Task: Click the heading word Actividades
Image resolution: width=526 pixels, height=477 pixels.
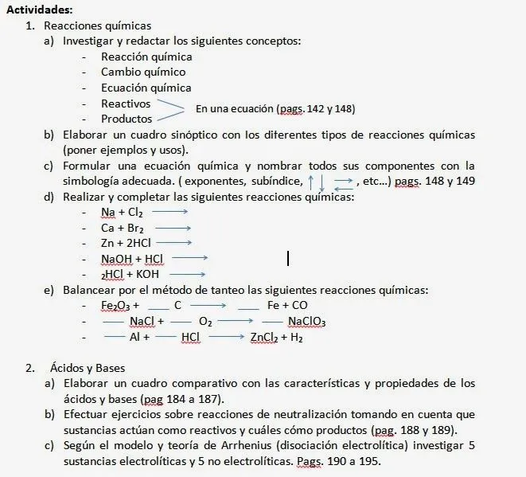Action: (37, 10)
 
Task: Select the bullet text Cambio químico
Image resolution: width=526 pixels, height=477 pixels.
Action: (143, 72)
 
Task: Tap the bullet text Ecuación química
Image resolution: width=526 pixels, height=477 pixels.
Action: (146, 88)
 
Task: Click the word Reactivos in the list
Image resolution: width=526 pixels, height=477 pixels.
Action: (126, 104)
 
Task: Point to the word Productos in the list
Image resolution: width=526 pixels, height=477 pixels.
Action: (127, 119)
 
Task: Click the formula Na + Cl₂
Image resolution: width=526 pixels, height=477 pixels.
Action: (122, 212)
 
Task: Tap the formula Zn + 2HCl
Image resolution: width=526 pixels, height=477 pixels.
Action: (126, 243)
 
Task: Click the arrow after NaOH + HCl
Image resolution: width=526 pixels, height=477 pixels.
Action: (189, 258)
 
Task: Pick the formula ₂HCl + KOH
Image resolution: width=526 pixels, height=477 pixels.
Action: (131, 274)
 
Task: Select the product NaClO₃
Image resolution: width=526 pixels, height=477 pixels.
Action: (307, 322)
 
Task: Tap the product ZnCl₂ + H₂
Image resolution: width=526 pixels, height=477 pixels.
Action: (276, 337)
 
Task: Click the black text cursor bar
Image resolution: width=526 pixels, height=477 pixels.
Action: (287, 258)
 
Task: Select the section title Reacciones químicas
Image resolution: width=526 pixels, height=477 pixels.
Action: (97, 26)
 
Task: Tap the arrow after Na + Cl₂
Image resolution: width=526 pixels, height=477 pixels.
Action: (169, 212)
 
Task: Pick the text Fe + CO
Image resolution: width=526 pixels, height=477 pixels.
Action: (288, 305)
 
